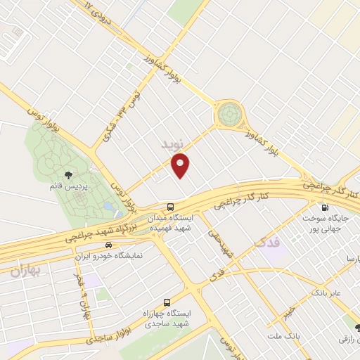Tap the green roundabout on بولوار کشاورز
coord(228,112)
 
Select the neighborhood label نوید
coord(172,143)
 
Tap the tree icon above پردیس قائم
coord(67,174)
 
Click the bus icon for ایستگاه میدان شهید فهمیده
coord(171,207)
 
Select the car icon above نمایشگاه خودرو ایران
coord(108,245)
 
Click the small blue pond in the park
coord(106,208)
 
